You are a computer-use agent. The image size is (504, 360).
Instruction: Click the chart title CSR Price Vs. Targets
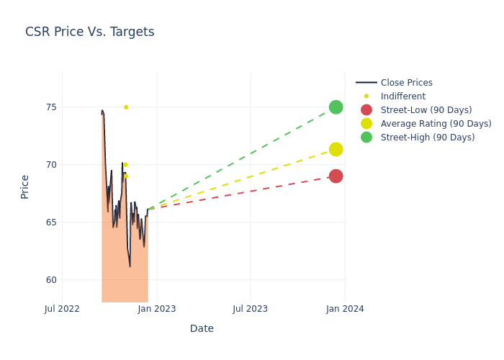click(89, 32)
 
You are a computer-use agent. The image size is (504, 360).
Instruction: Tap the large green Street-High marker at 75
click(336, 107)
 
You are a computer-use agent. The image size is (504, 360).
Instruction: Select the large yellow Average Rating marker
click(336, 149)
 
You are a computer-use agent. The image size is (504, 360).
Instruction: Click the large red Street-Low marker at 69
click(336, 176)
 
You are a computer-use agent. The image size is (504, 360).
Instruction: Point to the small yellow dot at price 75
click(126, 107)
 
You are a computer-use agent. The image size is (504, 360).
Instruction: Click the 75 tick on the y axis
click(51, 107)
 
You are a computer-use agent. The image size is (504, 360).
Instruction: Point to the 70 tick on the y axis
click(51, 165)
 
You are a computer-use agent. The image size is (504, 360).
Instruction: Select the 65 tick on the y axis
click(51, 222)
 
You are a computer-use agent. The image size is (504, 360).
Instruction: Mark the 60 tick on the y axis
click(51, 280)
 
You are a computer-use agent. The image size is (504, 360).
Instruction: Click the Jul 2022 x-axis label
click(62, 309)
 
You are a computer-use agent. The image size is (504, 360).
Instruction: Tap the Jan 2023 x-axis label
click(157, 309)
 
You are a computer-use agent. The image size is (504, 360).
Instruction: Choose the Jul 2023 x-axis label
click(250, 309)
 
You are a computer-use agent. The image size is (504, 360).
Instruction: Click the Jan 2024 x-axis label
click(345, 309)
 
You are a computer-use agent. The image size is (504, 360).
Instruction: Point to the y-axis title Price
click(25, 186)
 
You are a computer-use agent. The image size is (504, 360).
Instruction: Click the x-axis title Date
click(202, 328)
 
